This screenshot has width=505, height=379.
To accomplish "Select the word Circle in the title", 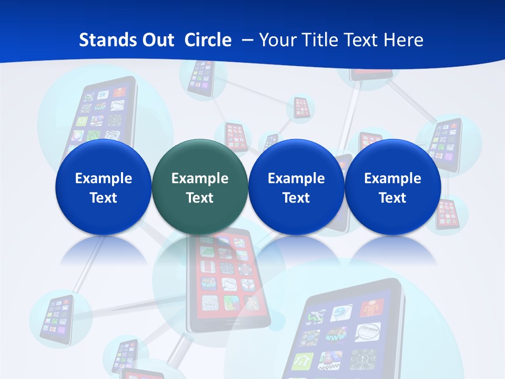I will tap(208, 40).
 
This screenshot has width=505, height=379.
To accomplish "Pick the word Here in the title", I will tap(403, 40).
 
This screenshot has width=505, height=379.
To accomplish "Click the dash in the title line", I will tap(246, 41).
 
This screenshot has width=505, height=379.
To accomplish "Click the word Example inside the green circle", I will tap(200, 178).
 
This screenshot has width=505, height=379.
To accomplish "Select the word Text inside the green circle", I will tap(200, 198).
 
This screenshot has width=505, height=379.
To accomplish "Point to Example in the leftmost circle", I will tap(103, 178).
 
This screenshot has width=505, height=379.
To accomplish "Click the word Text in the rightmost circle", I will tap(392, 198).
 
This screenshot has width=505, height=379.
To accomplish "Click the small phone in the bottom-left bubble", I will tap(57, 318).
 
